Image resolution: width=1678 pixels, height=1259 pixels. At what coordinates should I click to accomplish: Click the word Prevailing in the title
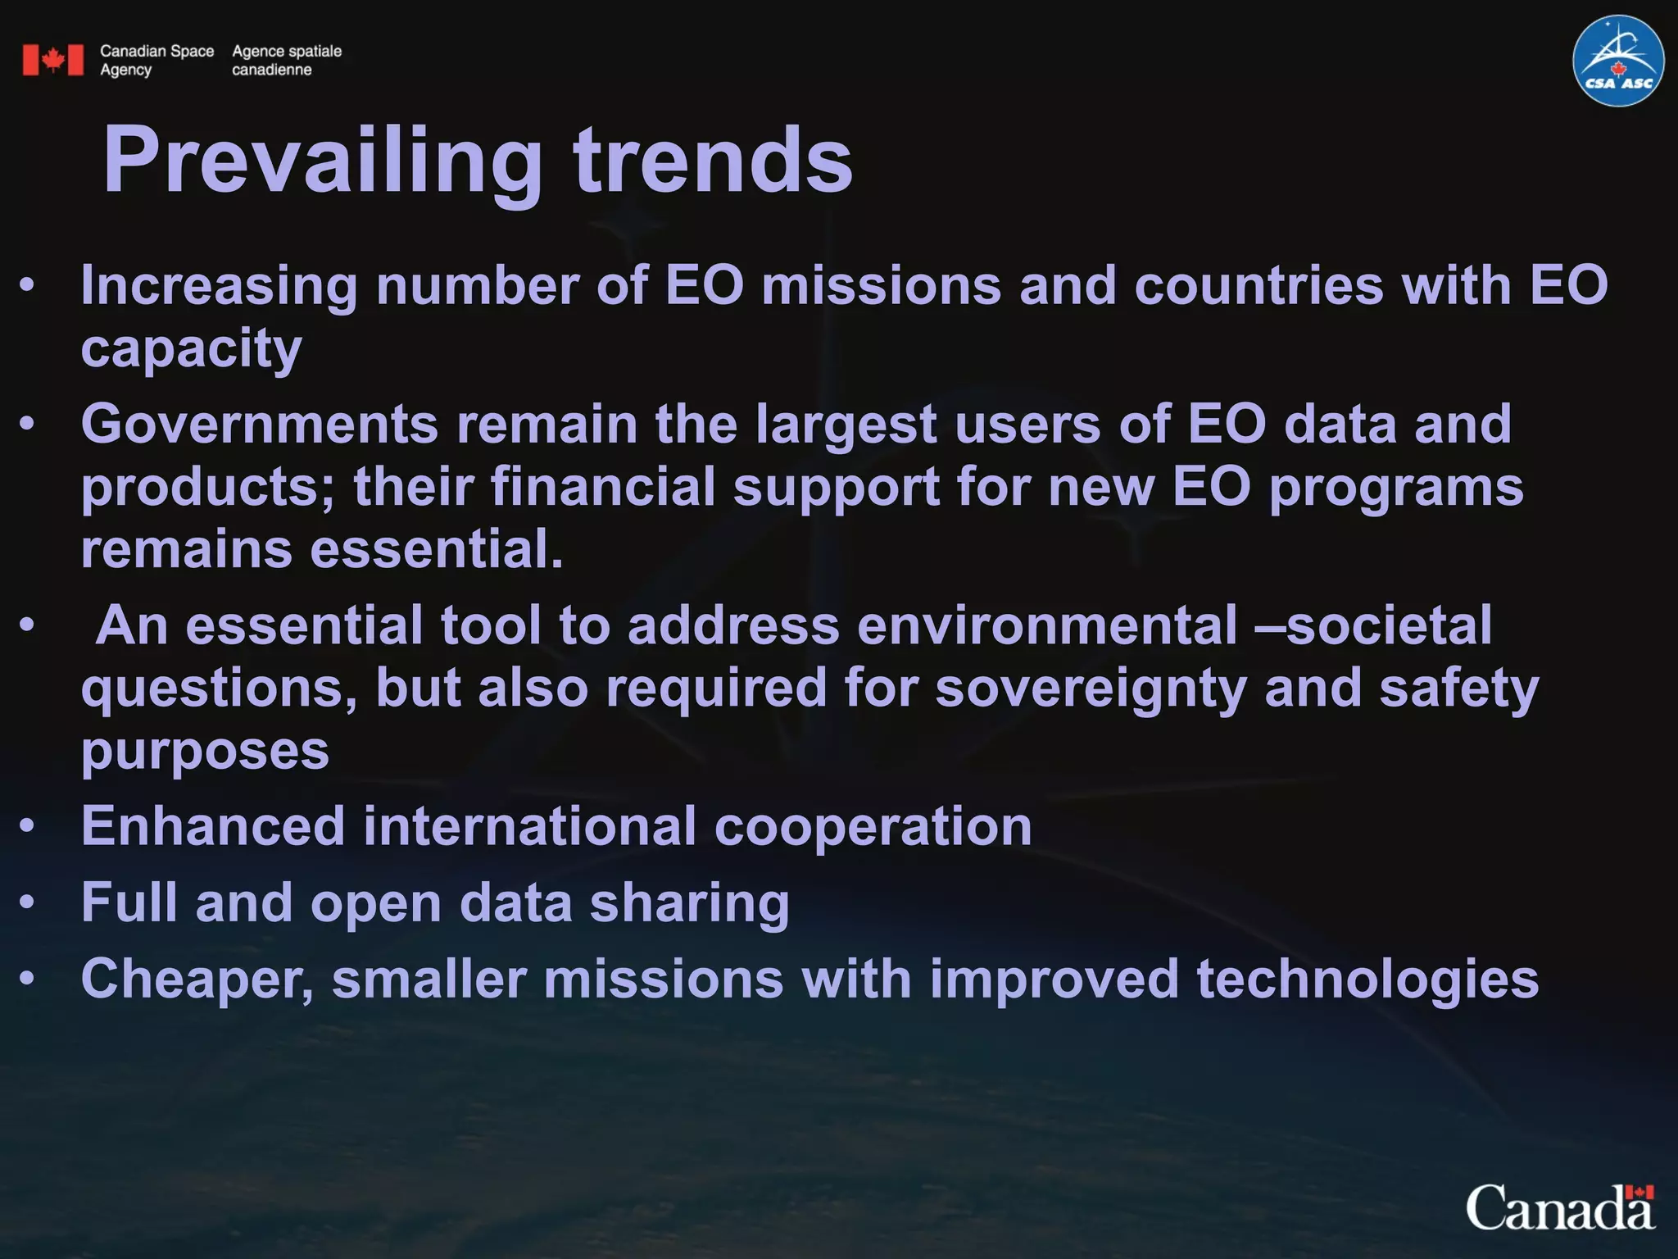(322, 161)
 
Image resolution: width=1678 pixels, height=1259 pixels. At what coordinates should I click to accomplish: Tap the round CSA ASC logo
(1617, 61)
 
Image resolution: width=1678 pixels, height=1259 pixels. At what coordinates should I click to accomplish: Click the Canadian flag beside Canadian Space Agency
(53, 60)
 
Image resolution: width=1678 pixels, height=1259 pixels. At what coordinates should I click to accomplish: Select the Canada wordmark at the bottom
(1560, 1209)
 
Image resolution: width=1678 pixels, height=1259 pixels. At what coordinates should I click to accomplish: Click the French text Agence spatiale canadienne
(286, 60)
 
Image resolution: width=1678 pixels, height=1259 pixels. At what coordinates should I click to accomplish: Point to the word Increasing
(219, 286)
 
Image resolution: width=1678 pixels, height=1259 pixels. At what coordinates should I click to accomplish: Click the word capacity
(191, 348)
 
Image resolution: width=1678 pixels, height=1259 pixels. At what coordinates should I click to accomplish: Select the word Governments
(260, 425)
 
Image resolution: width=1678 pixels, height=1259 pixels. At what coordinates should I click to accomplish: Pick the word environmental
(1047, 625)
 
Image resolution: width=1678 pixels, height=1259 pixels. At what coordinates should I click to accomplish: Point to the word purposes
(205, 750)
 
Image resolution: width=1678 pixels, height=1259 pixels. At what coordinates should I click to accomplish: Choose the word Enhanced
(213, 825)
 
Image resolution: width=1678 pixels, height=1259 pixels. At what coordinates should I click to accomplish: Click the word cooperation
(873, 825)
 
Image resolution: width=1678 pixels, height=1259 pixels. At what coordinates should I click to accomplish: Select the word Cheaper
(197, 979)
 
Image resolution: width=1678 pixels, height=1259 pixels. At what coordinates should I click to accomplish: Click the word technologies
(1367, 979)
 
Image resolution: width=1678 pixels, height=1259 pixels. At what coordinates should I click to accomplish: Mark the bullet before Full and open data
(28, 902)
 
